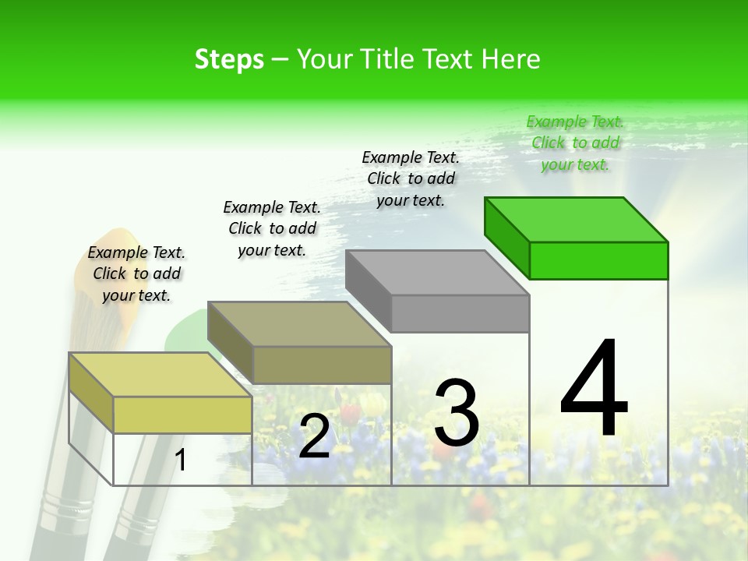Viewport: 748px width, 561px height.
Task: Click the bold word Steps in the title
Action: tap(229, 60)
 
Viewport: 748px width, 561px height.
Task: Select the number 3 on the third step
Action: tap(457, 412)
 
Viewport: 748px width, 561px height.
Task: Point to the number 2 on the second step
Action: tap(314, 437)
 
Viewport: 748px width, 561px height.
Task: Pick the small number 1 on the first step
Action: tap(181, 460)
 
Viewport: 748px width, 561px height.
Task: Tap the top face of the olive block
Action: tap(299, 324)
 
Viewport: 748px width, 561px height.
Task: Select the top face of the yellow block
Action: tap(161, 375)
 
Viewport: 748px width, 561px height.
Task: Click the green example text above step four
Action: tap(575, 143)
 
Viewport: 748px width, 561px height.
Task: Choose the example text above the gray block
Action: tap(411, 178)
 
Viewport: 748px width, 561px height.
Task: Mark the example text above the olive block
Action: tap(272, 228)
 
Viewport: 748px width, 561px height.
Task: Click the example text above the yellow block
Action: tap(136, 273)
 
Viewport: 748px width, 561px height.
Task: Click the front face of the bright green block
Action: tap(598, 260)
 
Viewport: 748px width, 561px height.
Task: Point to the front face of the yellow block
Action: tap(182, 415)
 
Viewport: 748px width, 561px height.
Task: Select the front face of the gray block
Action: tap(460, 313)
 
